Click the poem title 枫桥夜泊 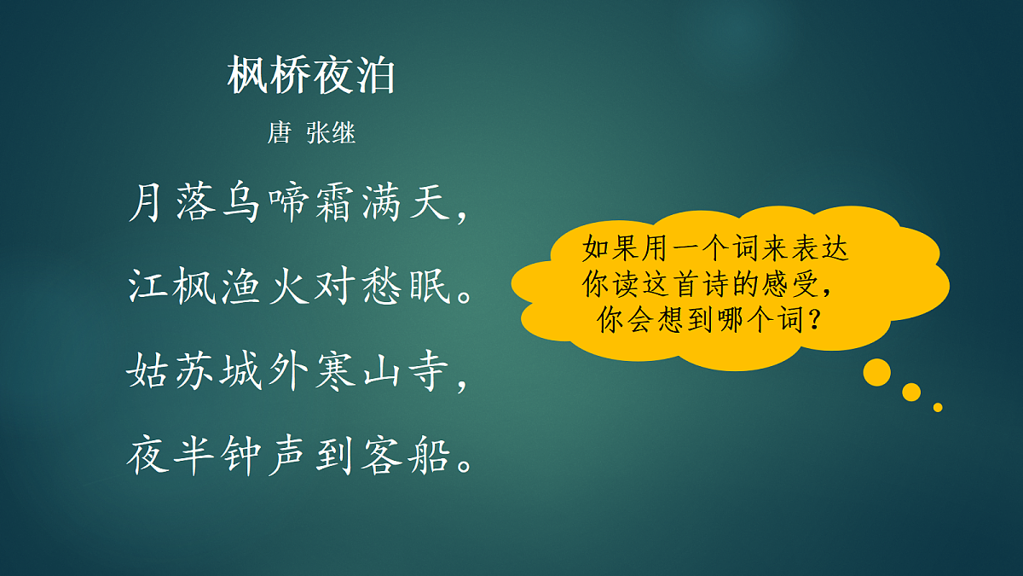click(x=312, y=77)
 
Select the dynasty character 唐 click(x=279, y=133)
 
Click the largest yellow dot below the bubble click(x=876, y=372)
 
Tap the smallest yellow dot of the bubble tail click(x=938, y=407)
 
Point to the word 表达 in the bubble click(x=820, y=248)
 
